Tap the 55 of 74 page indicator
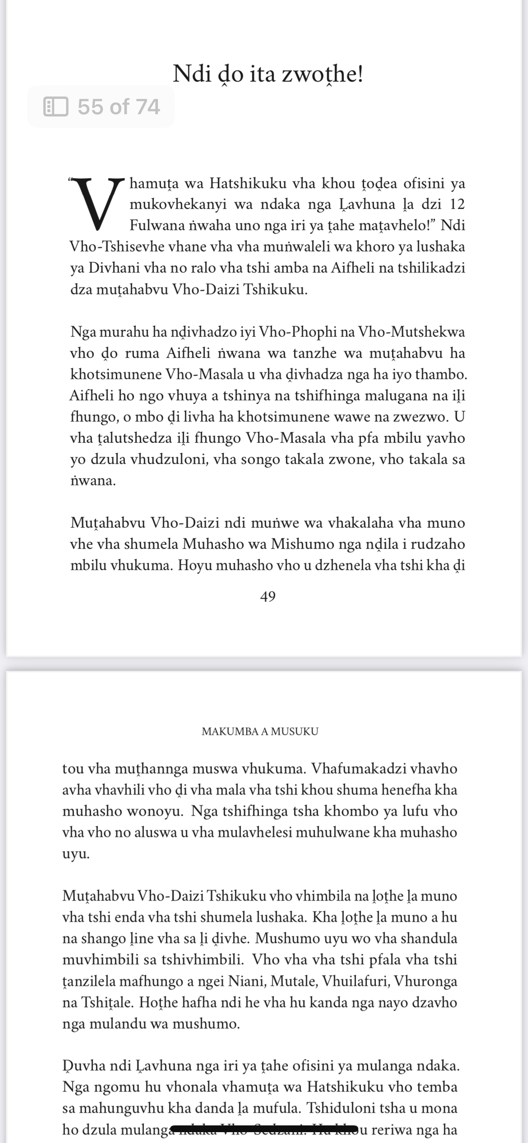(x=118, y=107)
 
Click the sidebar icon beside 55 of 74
(x=56, y=107)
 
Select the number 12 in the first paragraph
(x=457, y=204)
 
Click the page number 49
(x=268, y=596)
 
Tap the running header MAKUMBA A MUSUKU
(x=260, y=731)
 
